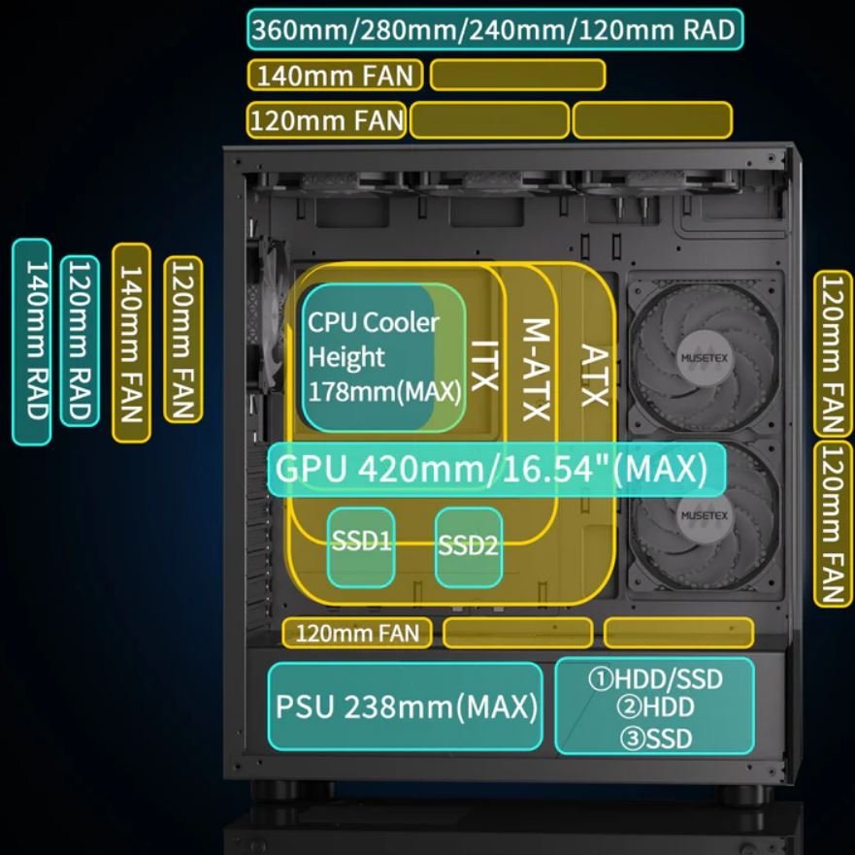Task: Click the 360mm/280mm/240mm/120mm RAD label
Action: (x=495, y=29)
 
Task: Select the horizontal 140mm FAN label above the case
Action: (x=335, y=75)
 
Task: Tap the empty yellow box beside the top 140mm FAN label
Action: (x=517, y=75)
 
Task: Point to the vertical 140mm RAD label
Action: (x=32, y=342)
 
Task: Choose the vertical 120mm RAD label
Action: (x=80, y=341)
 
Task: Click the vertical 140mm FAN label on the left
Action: (x=131, y=343)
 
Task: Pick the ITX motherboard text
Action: (x=484, y=366)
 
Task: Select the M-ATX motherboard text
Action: (x=536, y=370)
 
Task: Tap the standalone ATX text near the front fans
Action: (x=594, y=376)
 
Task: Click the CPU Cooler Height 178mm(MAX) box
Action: (x=384, y=358)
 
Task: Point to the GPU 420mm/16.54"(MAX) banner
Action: (x=496, y=469)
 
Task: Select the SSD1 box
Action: (x=361, y=547)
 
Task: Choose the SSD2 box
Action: (x=469, y=547)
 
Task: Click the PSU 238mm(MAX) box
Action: (x=406, y=707)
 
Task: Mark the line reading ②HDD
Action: (x=655, y=707)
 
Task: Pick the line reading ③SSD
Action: (x=656, y=739)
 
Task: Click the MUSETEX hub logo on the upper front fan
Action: (x=704, y=358)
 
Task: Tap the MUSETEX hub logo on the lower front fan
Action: (x=704, y=515)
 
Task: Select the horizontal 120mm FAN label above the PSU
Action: (x=357, y=633)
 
